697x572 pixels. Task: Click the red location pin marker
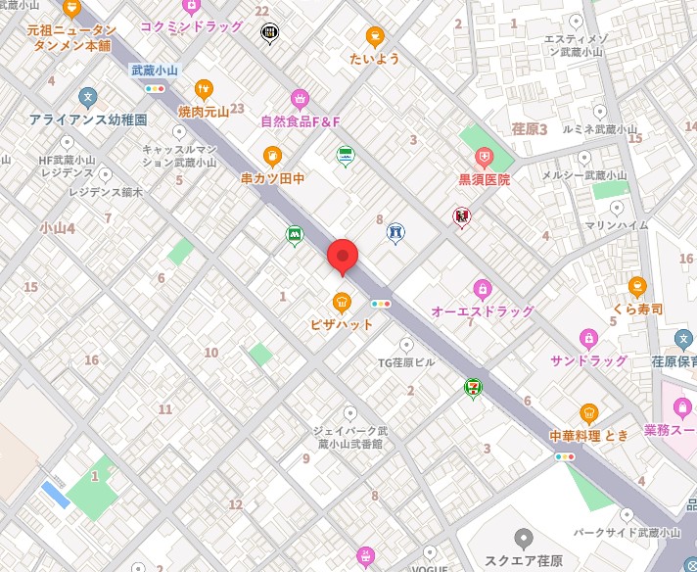click(342, 257)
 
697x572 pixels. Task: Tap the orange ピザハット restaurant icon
click(342, 302)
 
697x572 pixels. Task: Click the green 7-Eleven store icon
click(474, 388)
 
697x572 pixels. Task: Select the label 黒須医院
click(484, 180)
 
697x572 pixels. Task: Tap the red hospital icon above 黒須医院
click(484, 158)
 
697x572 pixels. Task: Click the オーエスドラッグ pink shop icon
click(482, 289)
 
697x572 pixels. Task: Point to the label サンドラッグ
click(587, 361)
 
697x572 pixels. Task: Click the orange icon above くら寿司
click(637, 286)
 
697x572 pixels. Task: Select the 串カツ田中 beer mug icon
click(272, 156)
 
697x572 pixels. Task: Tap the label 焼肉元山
click(204, 112)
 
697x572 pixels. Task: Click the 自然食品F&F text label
click(300, 121)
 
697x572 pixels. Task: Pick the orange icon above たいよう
click(374, 37)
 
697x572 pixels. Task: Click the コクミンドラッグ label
click(191, 26)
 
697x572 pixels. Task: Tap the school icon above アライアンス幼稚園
click(88, 97)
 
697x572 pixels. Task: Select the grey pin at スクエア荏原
click(524, 538)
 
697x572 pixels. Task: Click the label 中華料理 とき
click(588, 435)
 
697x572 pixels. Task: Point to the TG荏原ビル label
click(406, 362)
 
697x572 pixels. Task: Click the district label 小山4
click(57, 227)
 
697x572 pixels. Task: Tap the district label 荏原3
click(529, 128)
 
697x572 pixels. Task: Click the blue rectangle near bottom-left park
click(56, 494)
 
